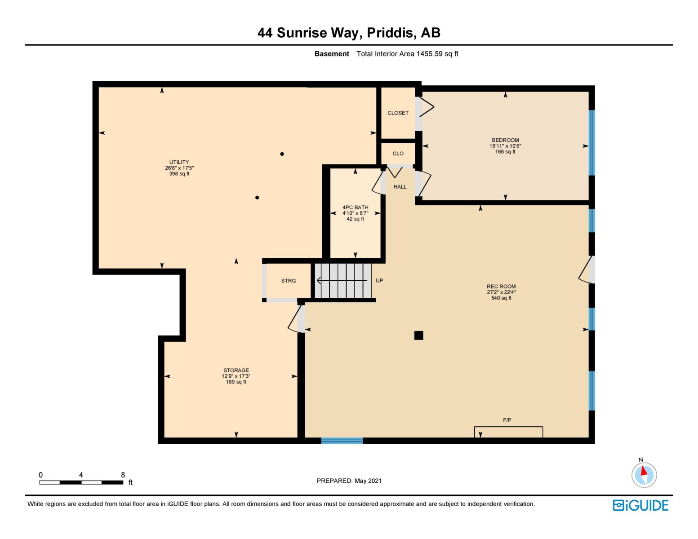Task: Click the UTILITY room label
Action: (x=179, y=162)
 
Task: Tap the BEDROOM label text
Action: (x=505, y=140)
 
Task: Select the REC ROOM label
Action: (x=501, y=287)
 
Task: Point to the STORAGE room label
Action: (x=236, y=370)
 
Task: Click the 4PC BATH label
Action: (x=355, y=208)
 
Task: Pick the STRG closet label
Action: (x=289, y=281)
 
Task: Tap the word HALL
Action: (x=400, y=186)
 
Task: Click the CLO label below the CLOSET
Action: (x=398, y=154)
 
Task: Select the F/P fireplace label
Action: (x=507, y=420)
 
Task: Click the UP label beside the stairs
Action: (x=379, y=281)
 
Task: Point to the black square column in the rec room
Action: (x=418, y=336)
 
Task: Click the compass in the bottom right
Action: (x=644, y=475)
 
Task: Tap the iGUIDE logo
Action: (x=640, y=505)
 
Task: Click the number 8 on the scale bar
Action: (x=123, y=475)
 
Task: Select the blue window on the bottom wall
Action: (x=342, y=441)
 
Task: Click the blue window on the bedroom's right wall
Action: (x=591, y=143)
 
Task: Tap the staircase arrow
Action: (x=342, y=281)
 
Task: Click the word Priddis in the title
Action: (x=391, y=33)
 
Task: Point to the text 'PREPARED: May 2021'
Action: (x=349, y=481)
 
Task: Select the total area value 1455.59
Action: (x=430, y=53)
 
